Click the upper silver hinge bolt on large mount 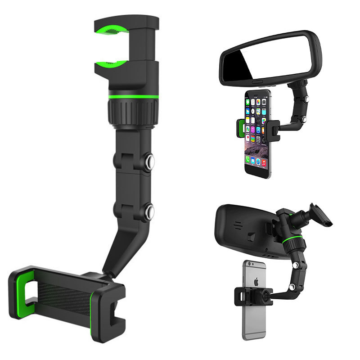point(149,161)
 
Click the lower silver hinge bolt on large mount point(149,210)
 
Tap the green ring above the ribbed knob point(133,96)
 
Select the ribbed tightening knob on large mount point(133,110)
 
